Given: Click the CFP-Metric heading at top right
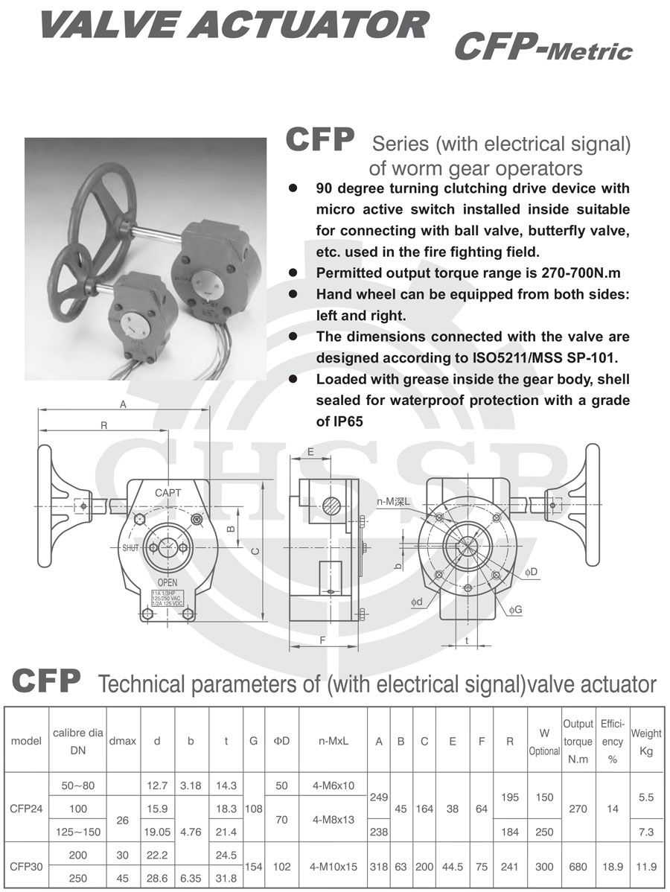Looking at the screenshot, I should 543,48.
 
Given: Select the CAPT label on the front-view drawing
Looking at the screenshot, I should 167,492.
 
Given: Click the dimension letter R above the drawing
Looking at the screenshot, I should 104,425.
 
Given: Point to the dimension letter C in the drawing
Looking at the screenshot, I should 255,551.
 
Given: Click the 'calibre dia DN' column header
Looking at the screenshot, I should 77,742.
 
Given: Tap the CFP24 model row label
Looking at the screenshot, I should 26,809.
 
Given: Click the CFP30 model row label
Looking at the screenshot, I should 26,867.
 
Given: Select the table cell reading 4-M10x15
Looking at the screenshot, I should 334,867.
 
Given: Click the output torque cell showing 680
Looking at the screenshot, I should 578,867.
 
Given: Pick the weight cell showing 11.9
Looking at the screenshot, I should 645,867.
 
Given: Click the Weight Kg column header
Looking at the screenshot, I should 645,742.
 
